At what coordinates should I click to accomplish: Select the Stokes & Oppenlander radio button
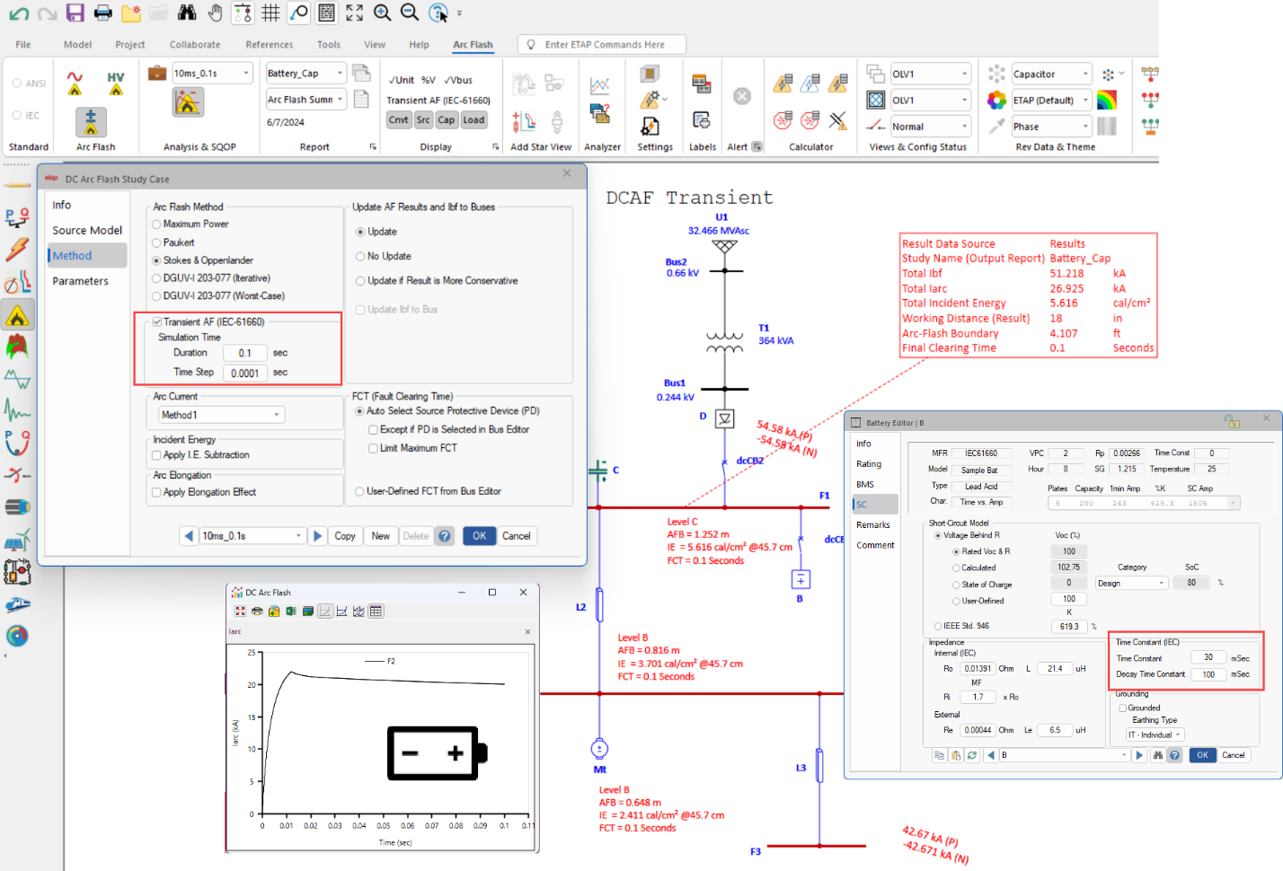coord(157,260)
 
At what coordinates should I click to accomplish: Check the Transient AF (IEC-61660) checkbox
coord(157,321)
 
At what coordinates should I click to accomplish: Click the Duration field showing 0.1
coord(244,353)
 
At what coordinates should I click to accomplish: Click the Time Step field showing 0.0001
coord(244,373)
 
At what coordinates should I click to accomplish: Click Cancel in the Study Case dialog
coord(516,536)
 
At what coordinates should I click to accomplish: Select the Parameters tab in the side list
coord(80,281)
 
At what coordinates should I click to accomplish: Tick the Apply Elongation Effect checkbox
coord(157,492)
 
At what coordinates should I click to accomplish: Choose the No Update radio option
coord(360,256)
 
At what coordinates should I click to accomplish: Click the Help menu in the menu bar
coord(419,44)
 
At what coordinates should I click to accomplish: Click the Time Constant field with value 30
coord(1208,657)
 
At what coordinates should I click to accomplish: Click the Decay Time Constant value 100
coord(1208,674)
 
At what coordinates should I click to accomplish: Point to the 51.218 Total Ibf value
coord(1066,274)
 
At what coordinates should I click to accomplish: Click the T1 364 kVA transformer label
coord(774,335)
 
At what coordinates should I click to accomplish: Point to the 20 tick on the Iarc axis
coord(252,684)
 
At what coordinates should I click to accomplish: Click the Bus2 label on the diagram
coord(676,262)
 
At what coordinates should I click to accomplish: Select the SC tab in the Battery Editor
coord(863,504)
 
